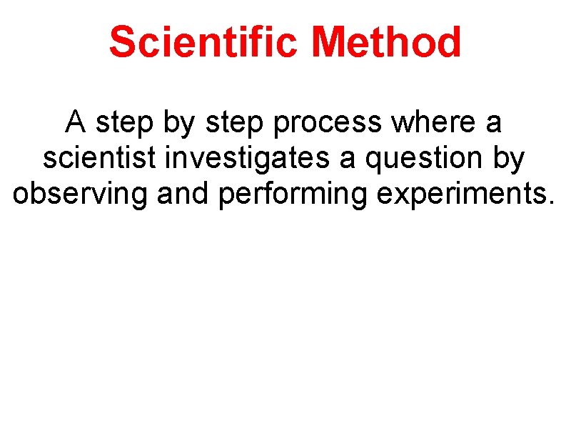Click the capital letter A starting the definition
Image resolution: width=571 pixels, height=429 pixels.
click(x=76, y=123)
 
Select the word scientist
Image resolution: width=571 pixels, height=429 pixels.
click(x=98, y=159)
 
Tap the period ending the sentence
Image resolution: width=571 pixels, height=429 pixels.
click(x=550, y=203)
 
